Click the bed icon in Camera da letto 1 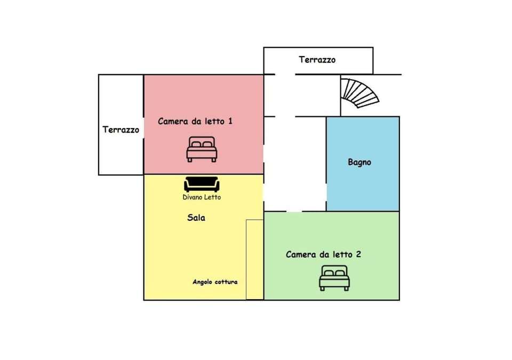click(x=202, y=149)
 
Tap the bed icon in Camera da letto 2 click(x=334, y=278)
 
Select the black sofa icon click(x=202, y=184)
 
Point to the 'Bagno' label click(x=359, y=162)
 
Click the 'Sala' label click(x=196, y=218)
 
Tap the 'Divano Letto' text click(x=202, y=197)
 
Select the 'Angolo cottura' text click(x=215, y=282)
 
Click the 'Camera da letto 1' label click(x=195, y=122)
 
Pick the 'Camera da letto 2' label click(x=323, y=254)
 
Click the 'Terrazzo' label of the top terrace click(x=317, y=60)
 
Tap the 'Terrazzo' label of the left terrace click(x=121, y=130)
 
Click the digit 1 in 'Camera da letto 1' click(x=230, y=122)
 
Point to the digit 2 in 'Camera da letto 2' click(x=358, y=254)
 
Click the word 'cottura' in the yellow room click(x=226, y=282)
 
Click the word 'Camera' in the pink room click(x=173, y=122)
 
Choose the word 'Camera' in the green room click(x=301, y=254)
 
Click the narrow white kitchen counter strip click(x=254, y=259)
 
